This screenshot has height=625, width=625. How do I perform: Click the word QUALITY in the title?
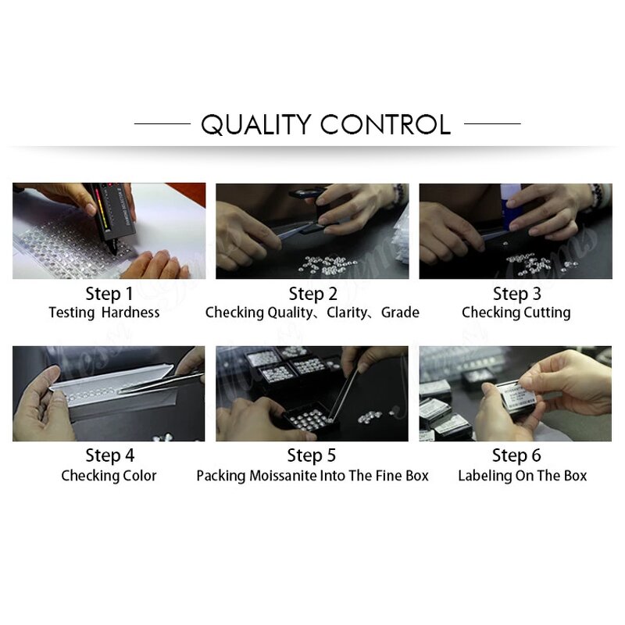click(x=256, y=124)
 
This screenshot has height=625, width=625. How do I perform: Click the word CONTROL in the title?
click(x=385, y=124)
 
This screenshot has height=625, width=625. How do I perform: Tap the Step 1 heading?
click(x=109, y=295)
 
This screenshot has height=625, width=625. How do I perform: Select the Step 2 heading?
click(x=313, y=295)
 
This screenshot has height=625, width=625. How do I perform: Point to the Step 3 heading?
click(x=517, y=295)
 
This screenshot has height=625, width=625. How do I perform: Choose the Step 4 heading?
click(x=110, y=455)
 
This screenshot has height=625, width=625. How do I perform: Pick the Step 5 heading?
click(x=312, y=455)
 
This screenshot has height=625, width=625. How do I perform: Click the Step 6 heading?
click(x=516, y=455)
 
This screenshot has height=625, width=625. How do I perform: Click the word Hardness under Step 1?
click(x=130, y=312)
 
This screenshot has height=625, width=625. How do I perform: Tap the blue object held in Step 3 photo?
click(x=511, y=208)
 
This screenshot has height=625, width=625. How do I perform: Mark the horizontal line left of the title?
click(x=162, y=123)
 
